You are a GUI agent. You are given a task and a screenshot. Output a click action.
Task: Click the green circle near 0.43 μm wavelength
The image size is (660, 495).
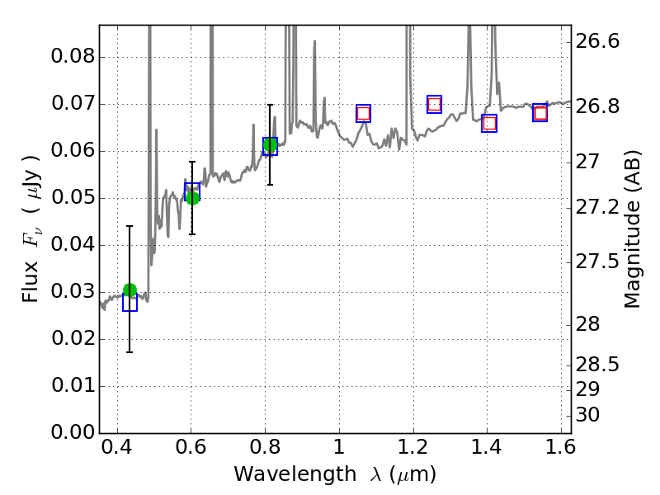click(x=130, y=290)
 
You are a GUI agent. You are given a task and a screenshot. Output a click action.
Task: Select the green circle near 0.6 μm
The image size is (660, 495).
click(x=192, y=197)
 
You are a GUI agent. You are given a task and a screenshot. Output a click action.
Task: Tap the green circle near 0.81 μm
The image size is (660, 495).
click(x=270, y=145)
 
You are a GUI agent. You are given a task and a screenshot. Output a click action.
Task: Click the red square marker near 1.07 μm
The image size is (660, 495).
click(x=363, y=114)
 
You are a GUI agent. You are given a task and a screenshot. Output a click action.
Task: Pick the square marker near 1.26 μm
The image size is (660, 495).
click(x=434, y=104)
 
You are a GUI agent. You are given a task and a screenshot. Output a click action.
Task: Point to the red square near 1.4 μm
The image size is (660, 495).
click(x=489, y=124)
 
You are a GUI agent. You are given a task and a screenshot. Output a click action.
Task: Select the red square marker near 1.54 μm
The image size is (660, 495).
click(x=540, y=113)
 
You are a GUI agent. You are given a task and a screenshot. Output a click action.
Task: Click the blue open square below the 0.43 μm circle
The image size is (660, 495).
click(x=130, y=303)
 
